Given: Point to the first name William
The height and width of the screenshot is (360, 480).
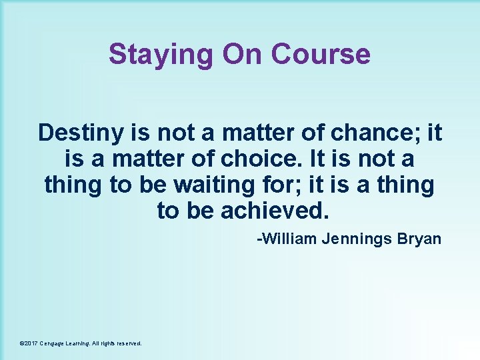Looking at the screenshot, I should (288, 239).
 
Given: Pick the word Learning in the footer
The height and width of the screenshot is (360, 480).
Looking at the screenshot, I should (81, 343).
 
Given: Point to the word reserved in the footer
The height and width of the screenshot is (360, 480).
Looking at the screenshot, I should (129, 343).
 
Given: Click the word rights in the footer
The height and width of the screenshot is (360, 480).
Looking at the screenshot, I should (108, 343).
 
